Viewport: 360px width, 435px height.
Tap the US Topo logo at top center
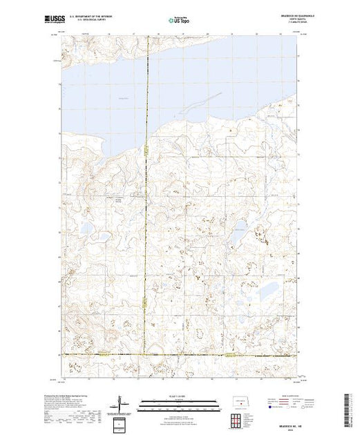click(179, 21)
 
